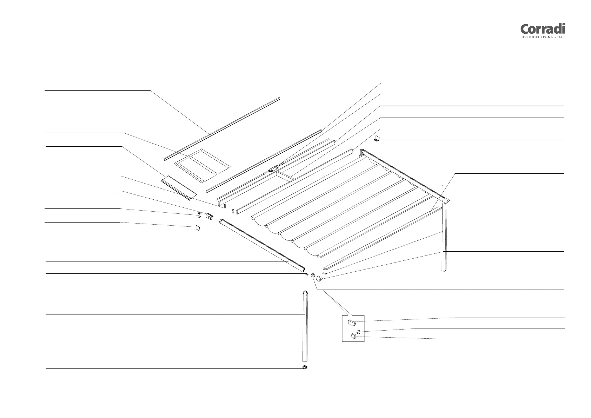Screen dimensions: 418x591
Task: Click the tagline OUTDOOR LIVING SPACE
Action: (x=543, y=37)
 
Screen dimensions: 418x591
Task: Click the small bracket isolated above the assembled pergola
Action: (x=377, y=139)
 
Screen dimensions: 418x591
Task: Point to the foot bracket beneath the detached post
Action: (x=305, y=367)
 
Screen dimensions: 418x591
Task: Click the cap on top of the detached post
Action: (x=305, y=292)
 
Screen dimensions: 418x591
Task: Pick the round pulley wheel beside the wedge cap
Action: (x=313, y=276)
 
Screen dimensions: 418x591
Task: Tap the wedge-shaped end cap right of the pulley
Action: (x=319, y=279)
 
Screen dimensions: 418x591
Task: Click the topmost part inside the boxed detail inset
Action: (x=352, y=322)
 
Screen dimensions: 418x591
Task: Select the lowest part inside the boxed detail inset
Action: (x=353, y=337)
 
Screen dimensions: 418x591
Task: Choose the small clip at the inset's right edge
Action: (x=359, y=331)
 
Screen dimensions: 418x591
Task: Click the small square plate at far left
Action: (x=198, y=228)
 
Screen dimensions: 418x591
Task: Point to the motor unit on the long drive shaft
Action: (x=273, y=170)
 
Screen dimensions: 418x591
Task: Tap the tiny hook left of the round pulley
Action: (x=306, y=274)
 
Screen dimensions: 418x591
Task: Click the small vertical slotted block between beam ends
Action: (x=232, y=211)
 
